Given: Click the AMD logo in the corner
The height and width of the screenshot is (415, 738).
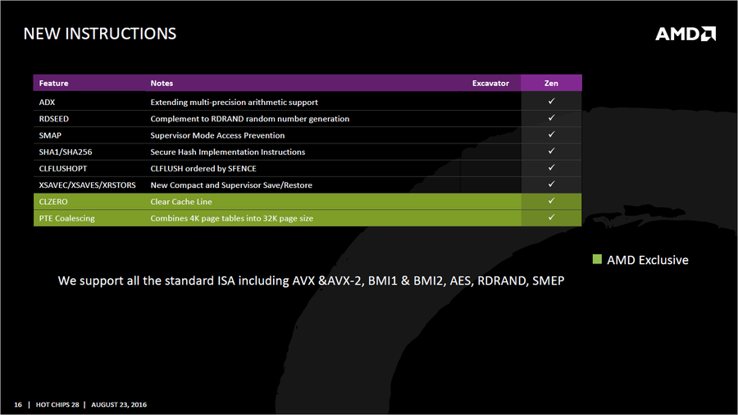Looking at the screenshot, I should coord(686,34).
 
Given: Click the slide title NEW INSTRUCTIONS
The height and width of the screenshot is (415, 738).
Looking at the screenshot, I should coord(99,34).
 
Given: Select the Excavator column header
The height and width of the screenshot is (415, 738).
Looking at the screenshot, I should coord(490,83).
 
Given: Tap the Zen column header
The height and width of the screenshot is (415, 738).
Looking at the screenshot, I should coord(551,83).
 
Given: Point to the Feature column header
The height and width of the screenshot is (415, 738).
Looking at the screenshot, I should coord(53,83).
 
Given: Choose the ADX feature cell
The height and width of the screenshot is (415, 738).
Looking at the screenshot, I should coord(47,103).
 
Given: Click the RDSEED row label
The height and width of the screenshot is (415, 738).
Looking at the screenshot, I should coord(54,119).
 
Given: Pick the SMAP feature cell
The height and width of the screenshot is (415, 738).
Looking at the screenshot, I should coord(50,135).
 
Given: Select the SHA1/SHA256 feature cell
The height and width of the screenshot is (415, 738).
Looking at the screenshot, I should coord(62,152).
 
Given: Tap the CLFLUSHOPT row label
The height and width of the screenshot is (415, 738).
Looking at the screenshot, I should coord(65,168).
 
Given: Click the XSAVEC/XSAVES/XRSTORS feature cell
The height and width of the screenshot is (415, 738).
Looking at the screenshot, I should coord(87,185).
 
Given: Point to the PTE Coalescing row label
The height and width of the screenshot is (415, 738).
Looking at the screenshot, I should coord(66,218).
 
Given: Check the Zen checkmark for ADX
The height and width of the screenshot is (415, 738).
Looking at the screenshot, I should coord(552,101).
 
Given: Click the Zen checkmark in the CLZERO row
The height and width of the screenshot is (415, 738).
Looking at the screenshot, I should coord(552,201).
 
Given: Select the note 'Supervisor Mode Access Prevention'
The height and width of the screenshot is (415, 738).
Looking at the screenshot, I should coord(217,135).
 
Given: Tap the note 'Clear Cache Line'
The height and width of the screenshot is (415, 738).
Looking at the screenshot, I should coord(181,202).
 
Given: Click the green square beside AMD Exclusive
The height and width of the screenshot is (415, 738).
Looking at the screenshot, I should coord(597,260).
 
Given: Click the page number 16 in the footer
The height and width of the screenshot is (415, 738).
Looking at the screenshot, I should coord(18,404).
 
